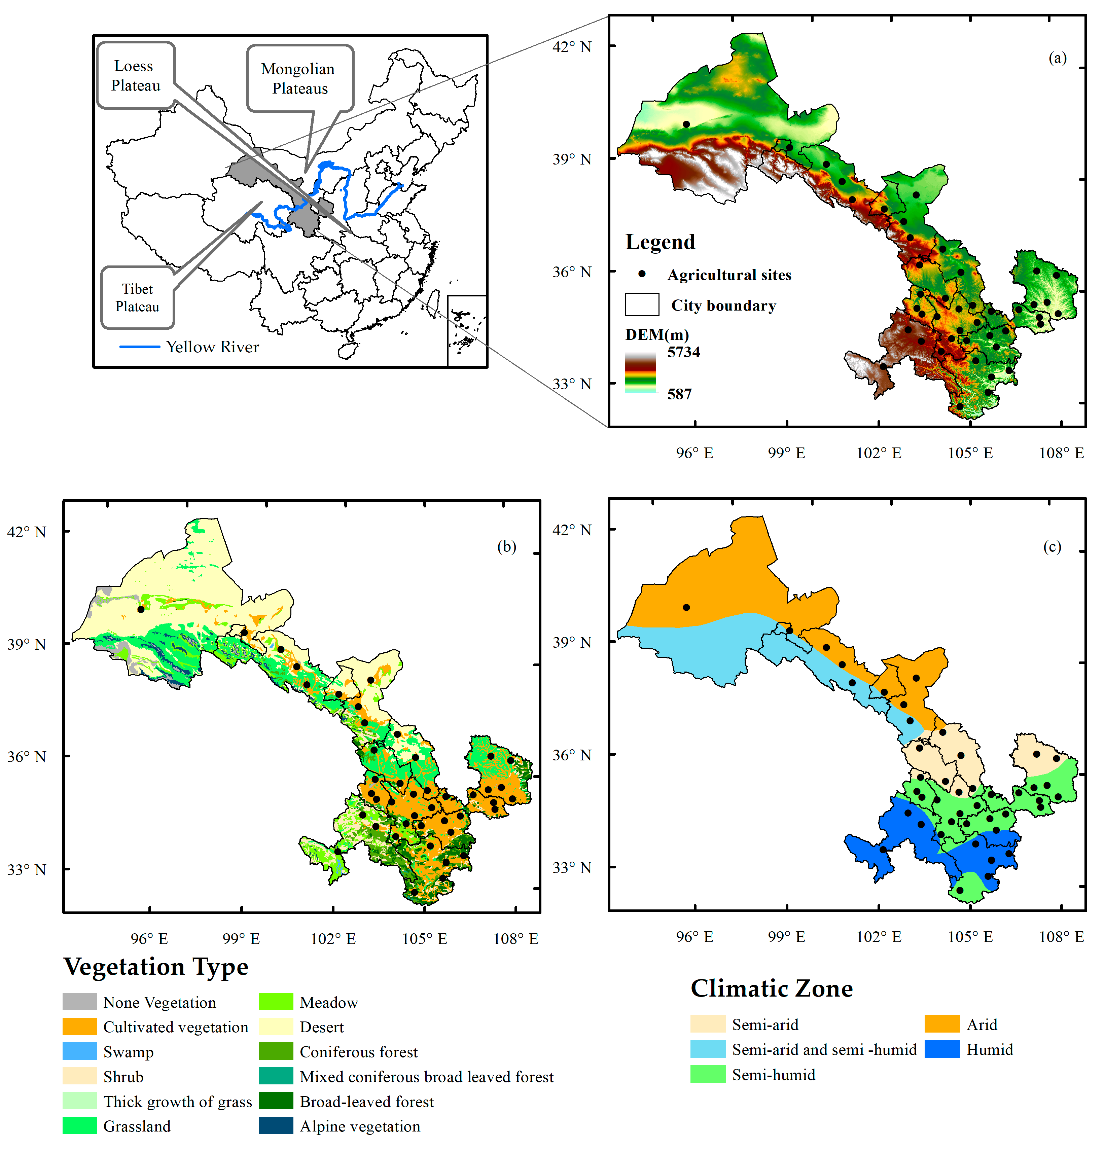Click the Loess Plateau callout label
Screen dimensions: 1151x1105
pyautogui.click(x=136, y=75)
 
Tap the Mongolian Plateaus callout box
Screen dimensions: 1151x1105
pyautogui.click(x=299, y=78)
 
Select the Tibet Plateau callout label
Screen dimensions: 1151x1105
pyautogui.click(x=137, y=298)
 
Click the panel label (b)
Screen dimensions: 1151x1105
pyautogui.click(x=506, y=547)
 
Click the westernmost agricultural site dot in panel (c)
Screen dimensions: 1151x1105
pyautogui.click(x=686, y=608)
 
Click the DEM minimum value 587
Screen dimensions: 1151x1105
pyautogui.click(x=679, y=394)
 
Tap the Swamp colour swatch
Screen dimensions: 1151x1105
pyautogui.click(x=80, y=1051)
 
